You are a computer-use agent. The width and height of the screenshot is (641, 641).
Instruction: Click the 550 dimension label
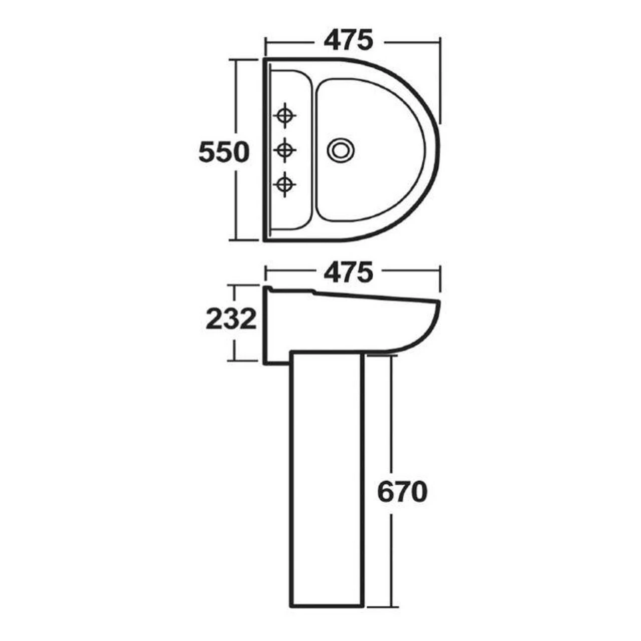[x=223, y=152]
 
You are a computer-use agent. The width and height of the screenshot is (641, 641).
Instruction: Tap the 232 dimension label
[x=231, y=319]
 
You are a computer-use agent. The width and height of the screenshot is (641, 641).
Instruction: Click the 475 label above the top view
[x=349, y=41]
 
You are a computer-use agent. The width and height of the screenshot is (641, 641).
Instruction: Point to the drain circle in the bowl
[x=342, y=149]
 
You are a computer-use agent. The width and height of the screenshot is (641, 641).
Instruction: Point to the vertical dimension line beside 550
[x=235, y=200]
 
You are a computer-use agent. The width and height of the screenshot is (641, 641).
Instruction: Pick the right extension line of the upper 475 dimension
[x=440, y=80]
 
